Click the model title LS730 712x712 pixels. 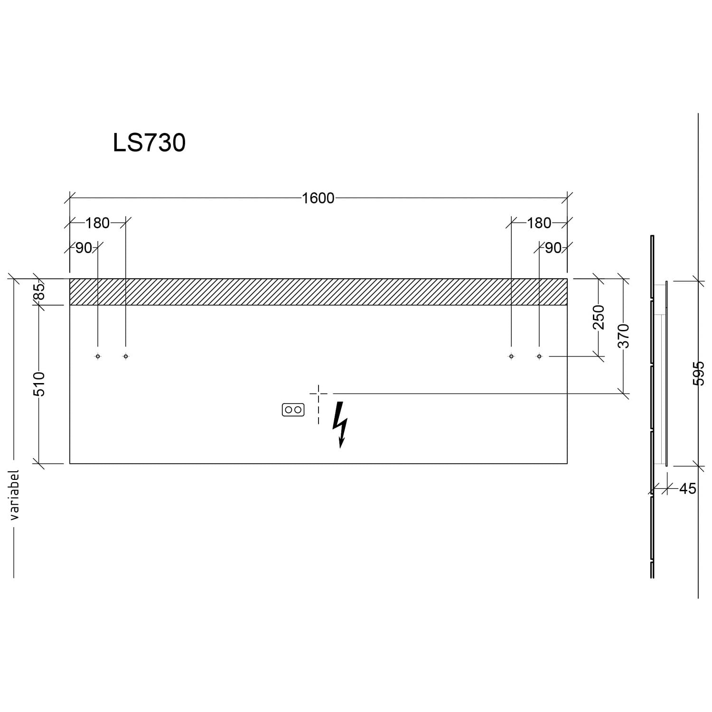tap(149, 142)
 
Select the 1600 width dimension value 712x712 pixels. tap(318, 198)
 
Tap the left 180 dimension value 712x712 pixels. tap(97, 223)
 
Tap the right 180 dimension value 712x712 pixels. tap(539, 223)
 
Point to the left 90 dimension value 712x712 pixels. tap(84, 248)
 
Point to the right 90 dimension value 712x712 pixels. tap(553, 248)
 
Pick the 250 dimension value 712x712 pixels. tap(599, 317)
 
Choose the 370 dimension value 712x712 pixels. tap(624, 336)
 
